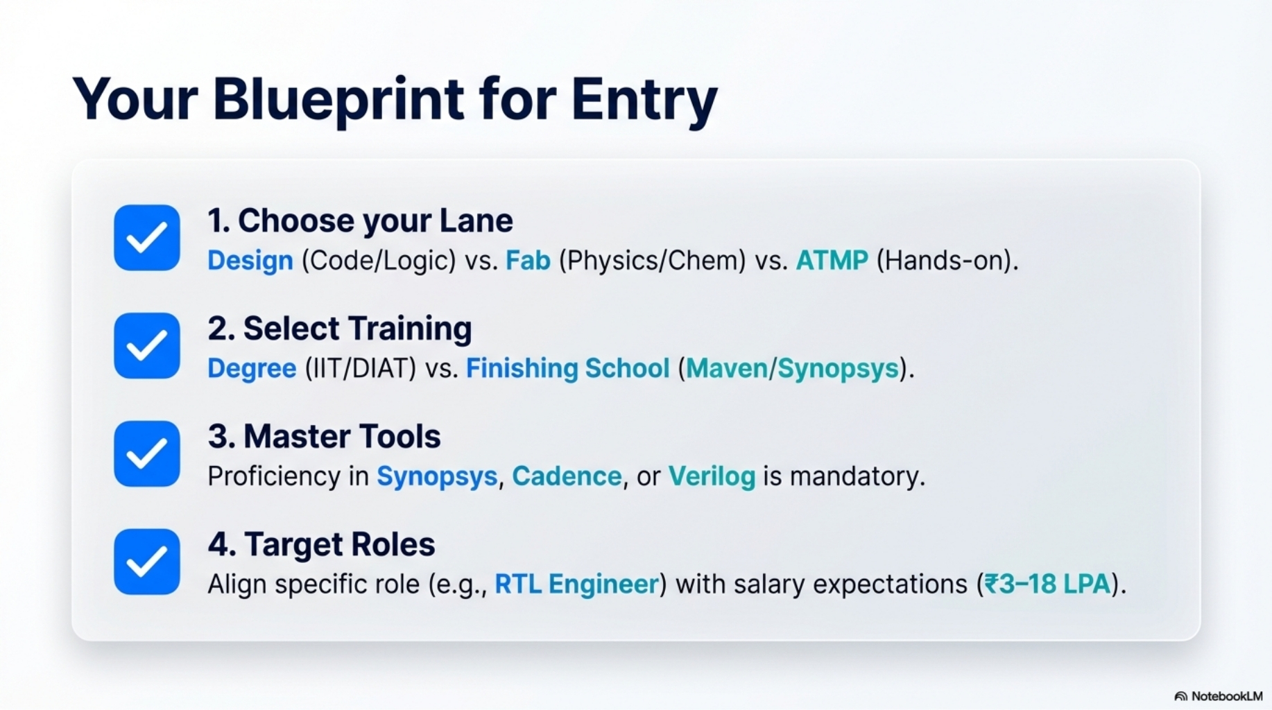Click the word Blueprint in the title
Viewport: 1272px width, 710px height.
coord(338,100)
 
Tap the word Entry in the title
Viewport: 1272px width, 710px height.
coord(644,100)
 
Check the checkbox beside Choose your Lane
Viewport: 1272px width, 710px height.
coord(147,237)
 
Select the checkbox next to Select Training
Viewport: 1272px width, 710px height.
coord(147,345)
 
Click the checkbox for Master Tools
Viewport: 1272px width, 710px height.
coord(147,453)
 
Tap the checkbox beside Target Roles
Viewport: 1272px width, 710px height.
coord(147,562)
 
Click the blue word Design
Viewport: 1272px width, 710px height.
coord(250,261)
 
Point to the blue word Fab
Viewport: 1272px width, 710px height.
coord(528,260)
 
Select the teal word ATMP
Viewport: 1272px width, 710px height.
coord(832,260)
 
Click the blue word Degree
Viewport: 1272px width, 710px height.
coord(252,369)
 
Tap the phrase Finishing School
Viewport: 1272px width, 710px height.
coord(568,369)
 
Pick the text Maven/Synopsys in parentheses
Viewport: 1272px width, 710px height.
coord(793,369)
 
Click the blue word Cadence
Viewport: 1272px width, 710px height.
coord(567,476)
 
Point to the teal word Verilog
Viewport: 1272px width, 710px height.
coord(712,477)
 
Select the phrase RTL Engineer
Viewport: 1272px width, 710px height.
coord(576,585)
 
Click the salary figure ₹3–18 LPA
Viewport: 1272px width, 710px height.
coord(1048,584)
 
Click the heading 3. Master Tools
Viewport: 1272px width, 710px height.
coord(324,436)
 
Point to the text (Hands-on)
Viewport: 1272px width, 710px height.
coord(947,261)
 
